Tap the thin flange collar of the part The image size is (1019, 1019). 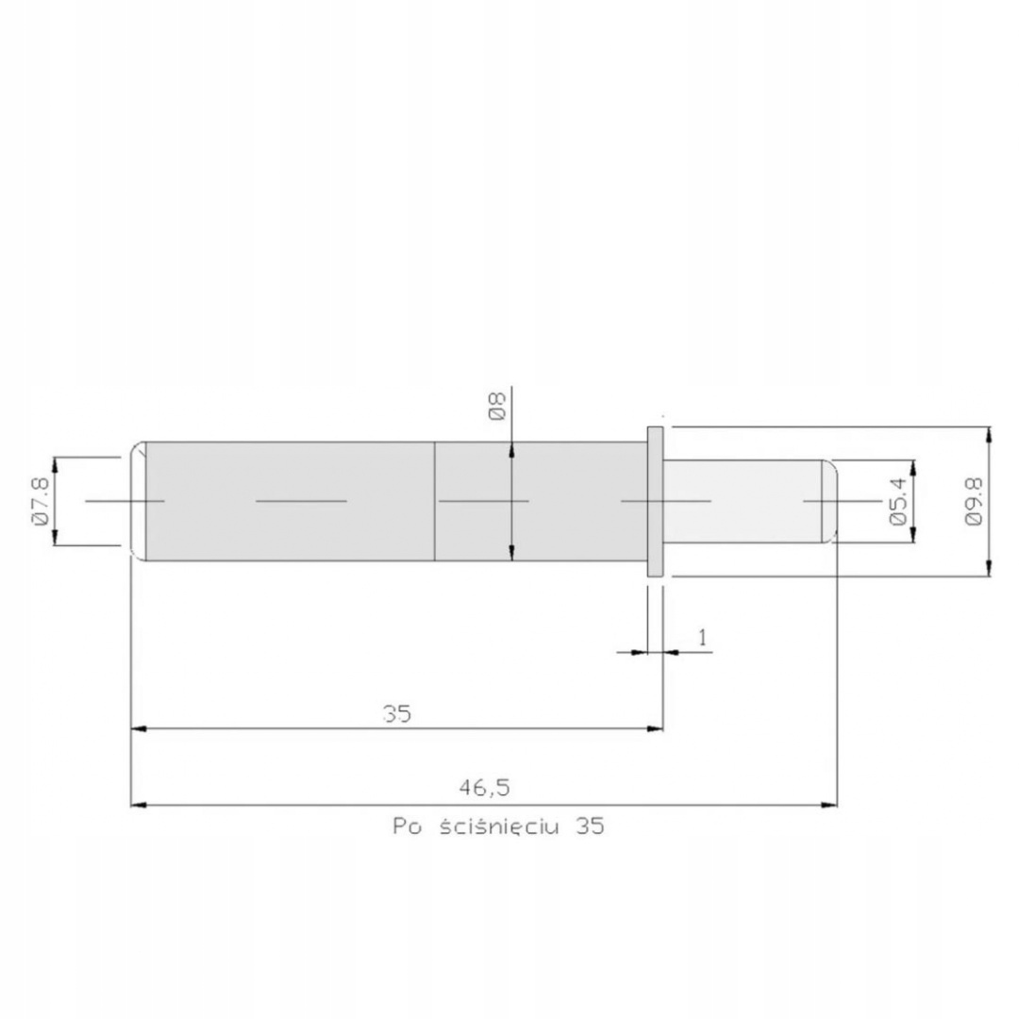[x=656, y=501]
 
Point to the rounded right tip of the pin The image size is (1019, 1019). [x=830, y=501]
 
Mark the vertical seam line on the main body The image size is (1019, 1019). [x=434, y=501]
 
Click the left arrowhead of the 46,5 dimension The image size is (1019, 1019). [x=138, y=805]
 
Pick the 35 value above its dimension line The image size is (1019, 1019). [x=397, y=714]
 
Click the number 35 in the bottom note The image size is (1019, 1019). [x=590, y=827]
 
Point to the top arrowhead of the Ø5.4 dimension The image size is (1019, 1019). [x=912, y=467]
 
